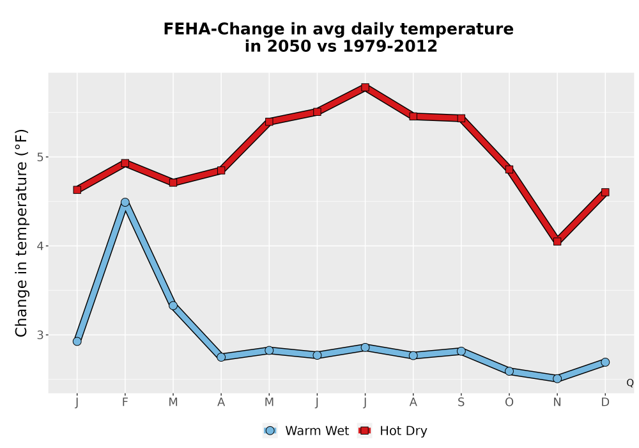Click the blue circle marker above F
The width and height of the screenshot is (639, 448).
pos(125,202)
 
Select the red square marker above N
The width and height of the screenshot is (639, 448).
pos(557,241)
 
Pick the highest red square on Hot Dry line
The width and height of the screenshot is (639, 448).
pos(365,87)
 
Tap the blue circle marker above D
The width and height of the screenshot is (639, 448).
pos(605,362)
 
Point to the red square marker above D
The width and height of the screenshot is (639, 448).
pos(605,192)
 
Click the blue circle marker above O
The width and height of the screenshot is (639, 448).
pos(509,371)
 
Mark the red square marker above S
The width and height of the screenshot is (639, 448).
pos(461,118)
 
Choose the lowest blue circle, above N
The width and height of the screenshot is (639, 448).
pos(557,379)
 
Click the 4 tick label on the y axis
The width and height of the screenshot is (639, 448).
pos(40,246)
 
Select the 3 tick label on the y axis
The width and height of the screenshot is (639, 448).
pos(40,335)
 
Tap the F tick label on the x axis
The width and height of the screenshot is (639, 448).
pos(125,403)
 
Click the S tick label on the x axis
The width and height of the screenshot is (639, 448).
pos(461,403)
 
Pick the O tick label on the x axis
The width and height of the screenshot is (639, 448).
pos(509,403)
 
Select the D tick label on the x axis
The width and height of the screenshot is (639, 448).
pos(605,403)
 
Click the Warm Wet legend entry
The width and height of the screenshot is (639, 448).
pos(306,431)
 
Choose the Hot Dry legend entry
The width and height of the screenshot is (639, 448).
pos(392,431)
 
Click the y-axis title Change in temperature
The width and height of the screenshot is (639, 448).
pos(21,233)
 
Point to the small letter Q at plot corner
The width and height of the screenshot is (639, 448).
pos(630,383)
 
